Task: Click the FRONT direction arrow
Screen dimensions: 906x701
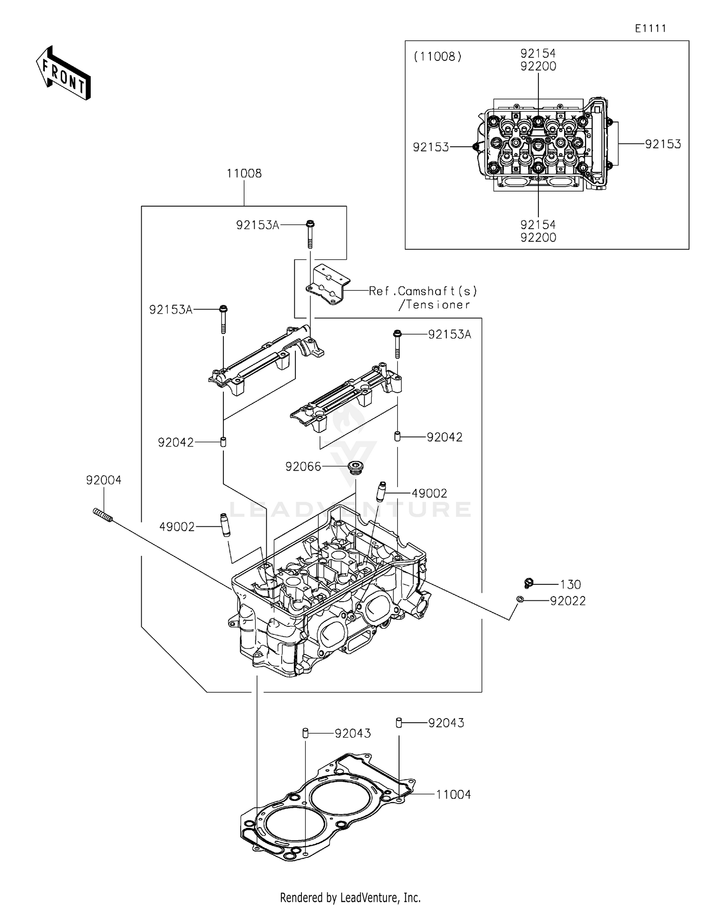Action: click(63, 73)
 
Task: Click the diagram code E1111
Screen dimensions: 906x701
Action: click(650, 29)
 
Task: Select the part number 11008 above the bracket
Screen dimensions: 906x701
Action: click(244, 173)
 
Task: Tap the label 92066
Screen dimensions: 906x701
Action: click(303, 467)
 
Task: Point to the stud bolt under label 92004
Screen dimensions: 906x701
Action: click(103, 516)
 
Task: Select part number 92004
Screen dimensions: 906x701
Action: click(103, 480)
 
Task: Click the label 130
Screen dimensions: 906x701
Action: click(570, 584)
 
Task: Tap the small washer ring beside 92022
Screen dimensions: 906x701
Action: click(520, 599)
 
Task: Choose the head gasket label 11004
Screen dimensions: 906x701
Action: click(453, 795)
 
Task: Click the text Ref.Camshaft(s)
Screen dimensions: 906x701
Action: click(423, 291)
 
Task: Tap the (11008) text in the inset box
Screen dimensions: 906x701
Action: click(437, 57)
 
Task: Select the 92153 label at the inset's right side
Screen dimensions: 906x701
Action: click(663, 144)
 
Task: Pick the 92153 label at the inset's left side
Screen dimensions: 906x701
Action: click(430, 147)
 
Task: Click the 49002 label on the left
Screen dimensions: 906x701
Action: click(177, 527)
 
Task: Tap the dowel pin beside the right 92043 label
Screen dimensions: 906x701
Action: click(399, 723)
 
